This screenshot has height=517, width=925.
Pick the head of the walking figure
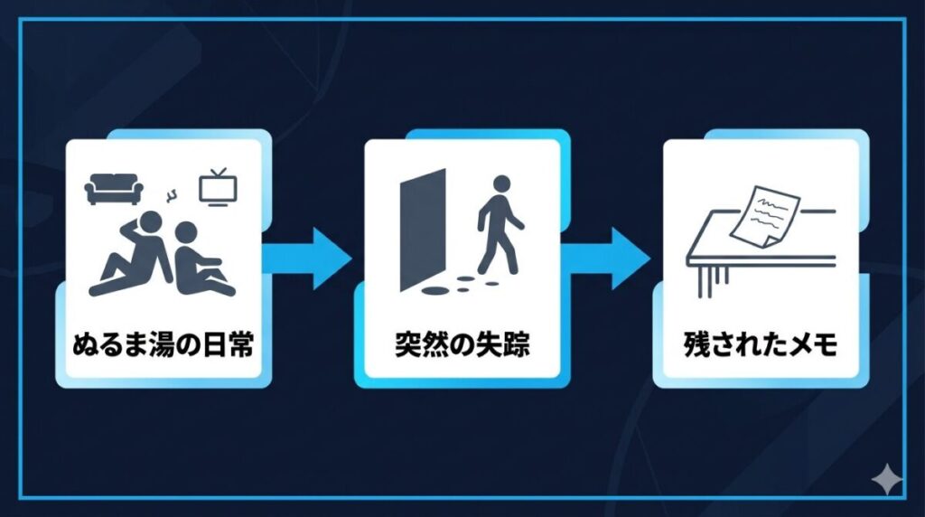click(x=499, y=183)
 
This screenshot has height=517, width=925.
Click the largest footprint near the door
click(x=436, y=291)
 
